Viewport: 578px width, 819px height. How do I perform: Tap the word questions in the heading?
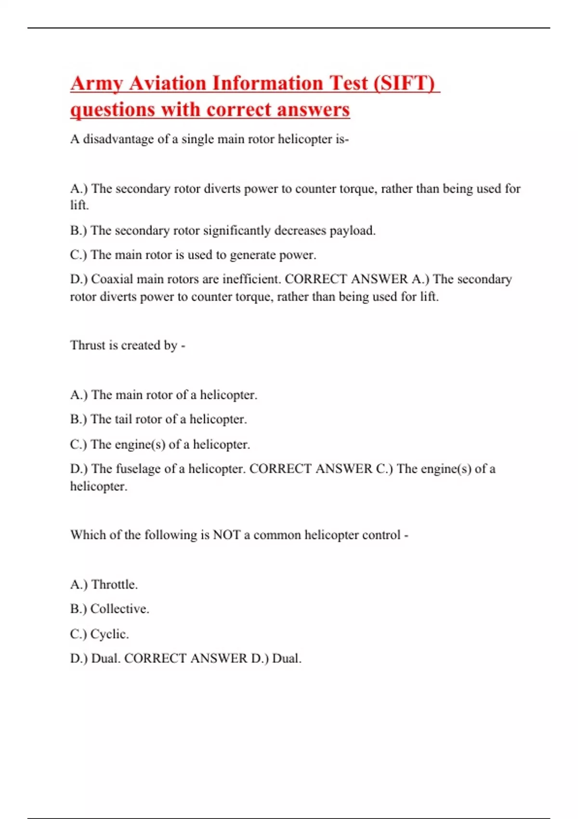pyautogui.click(x=113, y=110)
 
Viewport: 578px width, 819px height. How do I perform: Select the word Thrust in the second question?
pyautogui.click(x=88, y=345)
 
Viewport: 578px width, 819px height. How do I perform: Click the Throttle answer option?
pyautogui.click(x=114, y=585)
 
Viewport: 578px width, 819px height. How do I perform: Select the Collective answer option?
pyautogui.click(x=119, y=609)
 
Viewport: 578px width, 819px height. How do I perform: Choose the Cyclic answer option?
pyautogui.click(x=109, y=634)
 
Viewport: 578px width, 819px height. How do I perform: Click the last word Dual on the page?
pyautogui.click(x=287, y=659)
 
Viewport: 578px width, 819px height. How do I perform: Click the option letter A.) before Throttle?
pyautogui.click(x=79, y=585)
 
